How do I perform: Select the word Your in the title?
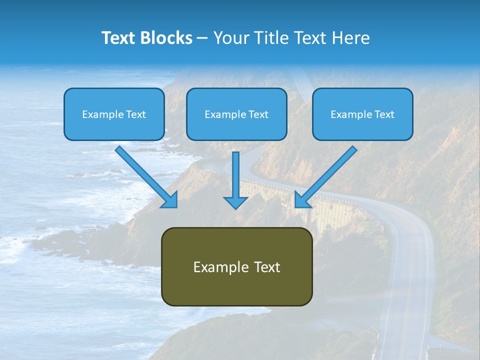230,38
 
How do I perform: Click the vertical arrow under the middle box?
235,172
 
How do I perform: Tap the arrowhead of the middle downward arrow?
235,202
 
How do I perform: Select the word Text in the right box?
384,114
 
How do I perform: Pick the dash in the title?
202,38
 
